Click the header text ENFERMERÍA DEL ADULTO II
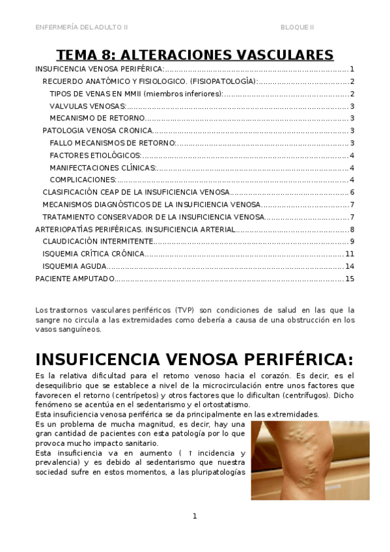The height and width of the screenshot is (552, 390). [x=81, y=27]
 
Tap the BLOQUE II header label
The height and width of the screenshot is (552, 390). [x=297, y=27]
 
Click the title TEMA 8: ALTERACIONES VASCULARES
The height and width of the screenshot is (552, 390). [x=195, y=54]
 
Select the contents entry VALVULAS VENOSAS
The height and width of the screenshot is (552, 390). [x=88, y=106]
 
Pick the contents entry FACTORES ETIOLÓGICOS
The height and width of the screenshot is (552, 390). [x=95, y=156]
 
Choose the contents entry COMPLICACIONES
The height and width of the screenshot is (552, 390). [x=83, y=180]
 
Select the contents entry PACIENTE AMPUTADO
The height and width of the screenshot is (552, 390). [x=75, y=279]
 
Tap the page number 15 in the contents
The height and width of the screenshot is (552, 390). [x=350, y=279]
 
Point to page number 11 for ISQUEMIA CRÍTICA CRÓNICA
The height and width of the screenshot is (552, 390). [x=350, y=254]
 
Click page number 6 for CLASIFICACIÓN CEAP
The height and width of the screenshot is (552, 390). [x=352, y=192]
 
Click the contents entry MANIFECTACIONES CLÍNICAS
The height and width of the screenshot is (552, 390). [x=103, y=168]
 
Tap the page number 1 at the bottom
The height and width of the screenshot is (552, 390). [x=194, y=516]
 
